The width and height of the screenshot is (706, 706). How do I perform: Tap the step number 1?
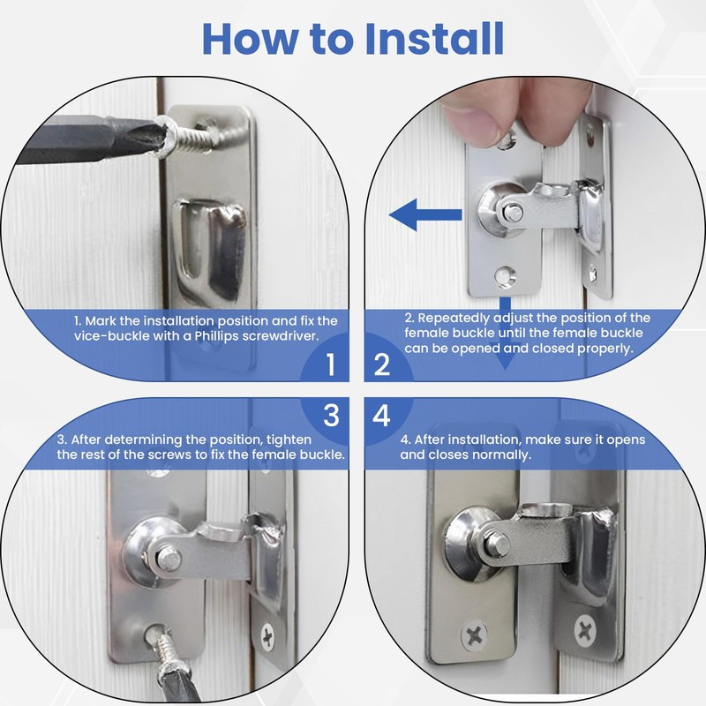click(x=330, y=364)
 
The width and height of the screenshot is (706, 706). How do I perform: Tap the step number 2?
click(x=381, y=364)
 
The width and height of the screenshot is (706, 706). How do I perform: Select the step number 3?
click(x=330, y=416)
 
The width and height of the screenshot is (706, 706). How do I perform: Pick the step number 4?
click(x=381, y=416)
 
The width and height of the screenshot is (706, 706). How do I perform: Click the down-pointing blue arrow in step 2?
click(x=506, y=357)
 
